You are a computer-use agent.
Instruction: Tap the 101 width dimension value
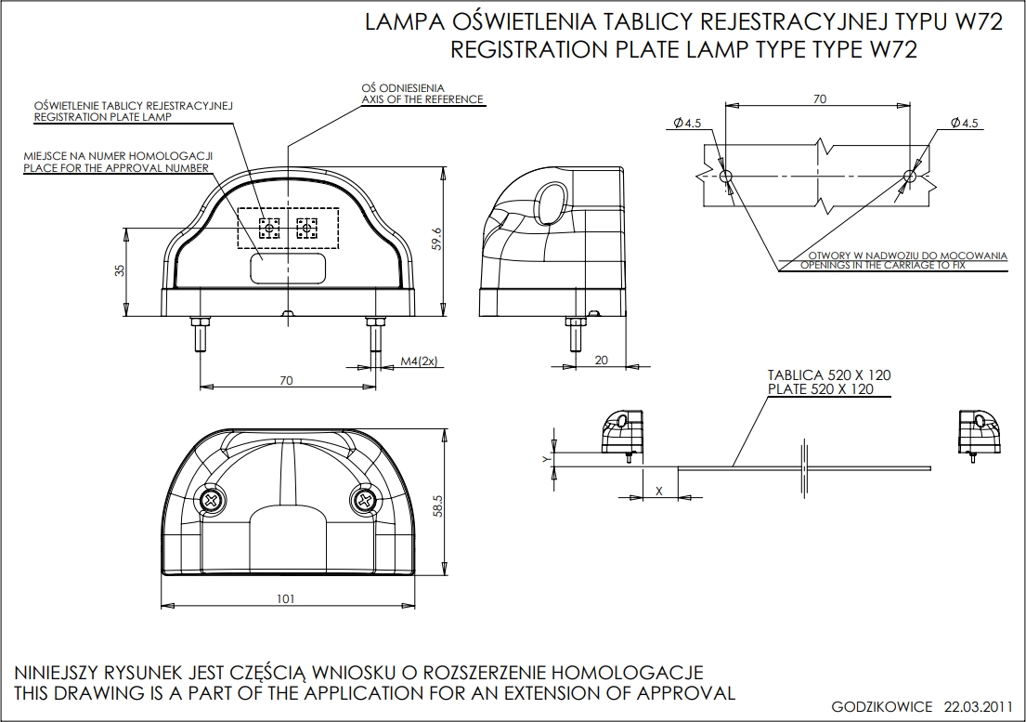point(285,598)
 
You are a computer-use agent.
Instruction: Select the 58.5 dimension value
point(437,505)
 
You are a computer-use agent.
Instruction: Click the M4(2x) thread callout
point(419,361)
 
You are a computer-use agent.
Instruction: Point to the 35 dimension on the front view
point(119,270)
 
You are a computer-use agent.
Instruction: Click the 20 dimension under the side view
point(601,361)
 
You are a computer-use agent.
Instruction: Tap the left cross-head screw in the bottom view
point(213,501)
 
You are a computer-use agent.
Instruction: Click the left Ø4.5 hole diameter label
point(688,123)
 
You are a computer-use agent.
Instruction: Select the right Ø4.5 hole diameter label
point(965,123)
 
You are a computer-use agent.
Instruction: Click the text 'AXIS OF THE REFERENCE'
point(422,99)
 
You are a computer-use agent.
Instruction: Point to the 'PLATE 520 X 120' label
point(821,389)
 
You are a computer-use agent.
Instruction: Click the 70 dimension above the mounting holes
point(819,99)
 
